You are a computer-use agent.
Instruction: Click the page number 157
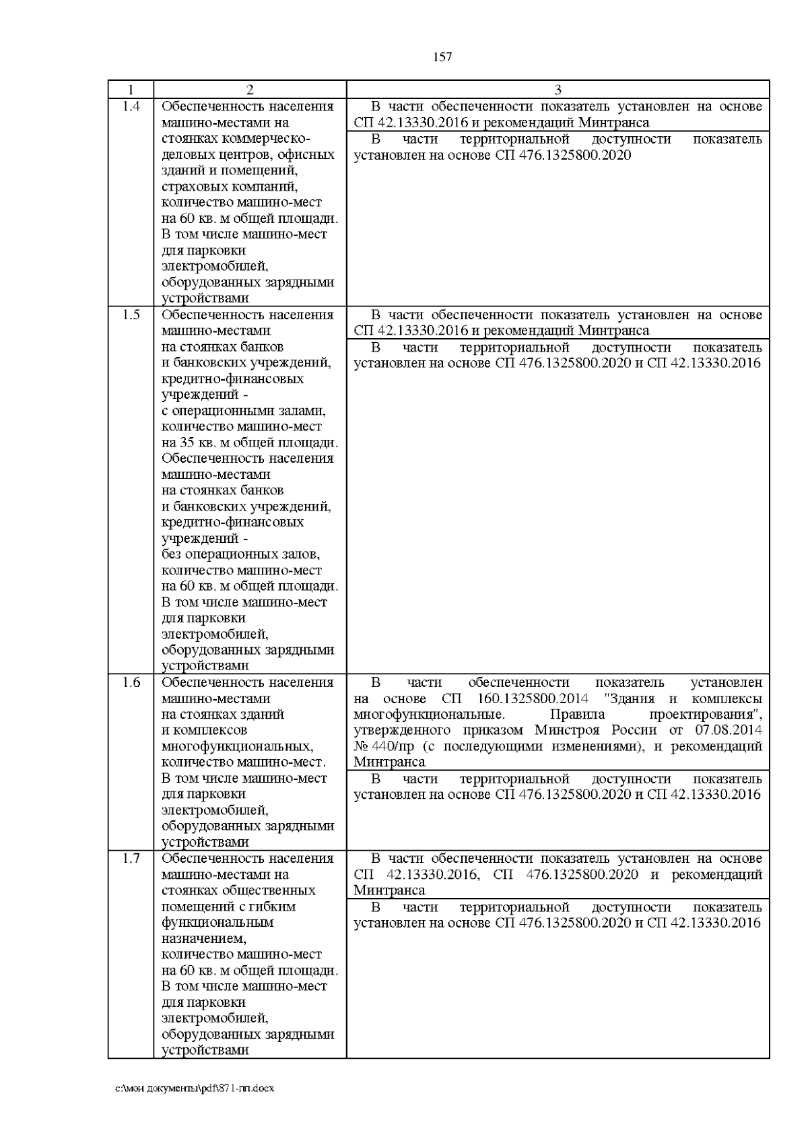pyautogui.click(x=442, y=57)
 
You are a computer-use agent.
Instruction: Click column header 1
pyautogui.click(x=131, y=90)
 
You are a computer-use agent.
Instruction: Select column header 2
pyautogui.click(x=250, y=90)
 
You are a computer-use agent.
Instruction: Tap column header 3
pyautogui.click(x=558, y=90)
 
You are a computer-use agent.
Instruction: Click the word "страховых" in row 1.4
pyautogui.click(x=192, y=187)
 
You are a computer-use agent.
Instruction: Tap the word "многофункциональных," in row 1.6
pyautogui.click(x=237, y=746)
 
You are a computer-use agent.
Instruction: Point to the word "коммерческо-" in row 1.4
pyautogui.click(x=273, y=139)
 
